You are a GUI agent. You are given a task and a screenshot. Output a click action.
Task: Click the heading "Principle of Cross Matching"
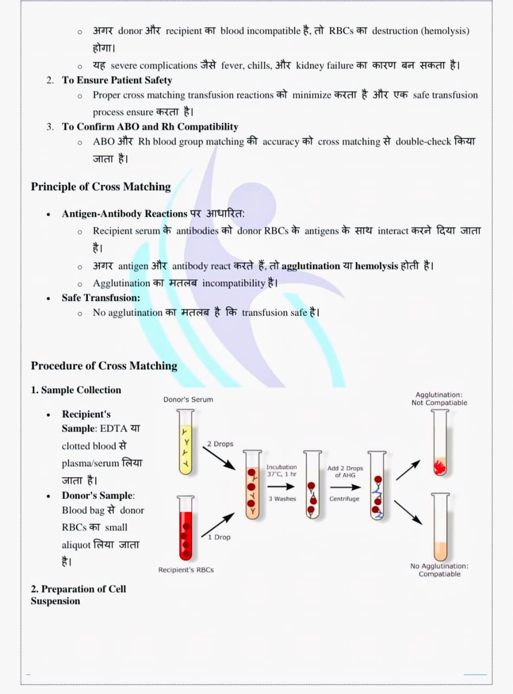(100, 187)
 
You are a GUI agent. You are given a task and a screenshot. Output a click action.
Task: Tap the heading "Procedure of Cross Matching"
(104, 366)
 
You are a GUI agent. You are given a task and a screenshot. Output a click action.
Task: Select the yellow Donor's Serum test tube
(185, 442)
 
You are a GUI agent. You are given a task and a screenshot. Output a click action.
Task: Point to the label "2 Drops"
(220, 444)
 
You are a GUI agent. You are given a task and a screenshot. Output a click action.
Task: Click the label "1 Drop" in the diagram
(219, 537)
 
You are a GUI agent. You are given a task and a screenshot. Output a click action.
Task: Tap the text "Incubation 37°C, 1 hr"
(281, 470)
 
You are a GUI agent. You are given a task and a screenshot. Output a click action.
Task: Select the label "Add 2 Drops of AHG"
(345, 472)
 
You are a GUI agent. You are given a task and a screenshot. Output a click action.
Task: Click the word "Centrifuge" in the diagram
(344, 499)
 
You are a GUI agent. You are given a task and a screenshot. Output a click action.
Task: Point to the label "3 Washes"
(282, 499)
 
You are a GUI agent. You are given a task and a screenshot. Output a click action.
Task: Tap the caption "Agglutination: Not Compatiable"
(439, 399)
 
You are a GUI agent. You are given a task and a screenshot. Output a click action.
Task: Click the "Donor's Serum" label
(188, 400)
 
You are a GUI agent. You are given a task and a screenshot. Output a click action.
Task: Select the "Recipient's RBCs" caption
(186, 570)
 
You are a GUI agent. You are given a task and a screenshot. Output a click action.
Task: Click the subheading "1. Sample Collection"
(76, 390)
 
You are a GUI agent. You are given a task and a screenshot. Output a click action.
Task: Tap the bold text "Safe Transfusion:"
(101, 298)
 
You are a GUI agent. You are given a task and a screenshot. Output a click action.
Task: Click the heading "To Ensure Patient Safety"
(117, 80)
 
